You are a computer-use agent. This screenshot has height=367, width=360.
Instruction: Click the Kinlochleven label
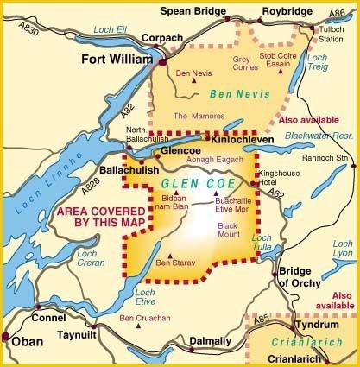click(238, 138)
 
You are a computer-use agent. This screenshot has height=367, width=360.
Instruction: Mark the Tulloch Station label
click(330, 34)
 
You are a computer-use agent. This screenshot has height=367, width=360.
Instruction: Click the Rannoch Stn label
click(327, 157)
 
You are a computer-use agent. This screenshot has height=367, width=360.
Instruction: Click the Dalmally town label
click(213, 342)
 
